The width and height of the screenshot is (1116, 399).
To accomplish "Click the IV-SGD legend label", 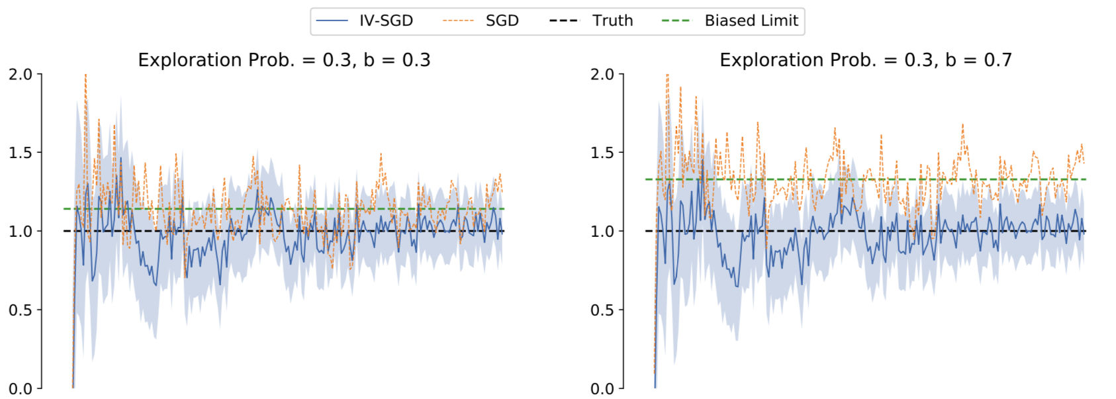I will tap(386, 21).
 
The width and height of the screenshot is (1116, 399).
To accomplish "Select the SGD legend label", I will tap(502, 21).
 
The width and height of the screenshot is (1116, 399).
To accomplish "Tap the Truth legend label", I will tap(612, 21).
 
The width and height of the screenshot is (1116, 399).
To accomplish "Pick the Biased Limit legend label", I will tap(751, 21).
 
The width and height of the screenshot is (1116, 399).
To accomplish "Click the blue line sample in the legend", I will tap(332, 21).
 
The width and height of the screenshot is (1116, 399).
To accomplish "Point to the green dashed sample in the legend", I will tap(676, 21).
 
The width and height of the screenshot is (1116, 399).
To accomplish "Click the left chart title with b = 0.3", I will tap(284, 60).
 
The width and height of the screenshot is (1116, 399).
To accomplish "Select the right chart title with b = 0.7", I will tap(866, 60).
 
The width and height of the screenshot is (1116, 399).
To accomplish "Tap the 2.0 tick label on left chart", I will tap(20, 74).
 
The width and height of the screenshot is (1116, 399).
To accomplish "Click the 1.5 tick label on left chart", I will tap(20, 153).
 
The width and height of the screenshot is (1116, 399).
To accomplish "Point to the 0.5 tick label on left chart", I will tap(20, 310).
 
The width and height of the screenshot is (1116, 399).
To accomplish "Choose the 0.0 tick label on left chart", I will tap(20, 388).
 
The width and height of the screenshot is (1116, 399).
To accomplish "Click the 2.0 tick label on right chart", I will tap(602, 74).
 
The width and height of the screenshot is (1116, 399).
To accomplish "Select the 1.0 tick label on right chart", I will tap(602, 231).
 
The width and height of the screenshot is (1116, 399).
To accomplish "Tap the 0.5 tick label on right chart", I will tap(602, 310).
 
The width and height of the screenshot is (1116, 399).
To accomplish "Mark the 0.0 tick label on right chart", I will tap(602, 388).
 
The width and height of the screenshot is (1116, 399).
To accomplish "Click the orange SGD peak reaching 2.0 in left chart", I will tap(85, 76).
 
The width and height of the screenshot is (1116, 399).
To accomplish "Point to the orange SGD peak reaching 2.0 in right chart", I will tap(667, 76).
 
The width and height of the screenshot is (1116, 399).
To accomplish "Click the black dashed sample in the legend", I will tap(564, 21).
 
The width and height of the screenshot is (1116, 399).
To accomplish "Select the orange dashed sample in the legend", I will tap(458, 21).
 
